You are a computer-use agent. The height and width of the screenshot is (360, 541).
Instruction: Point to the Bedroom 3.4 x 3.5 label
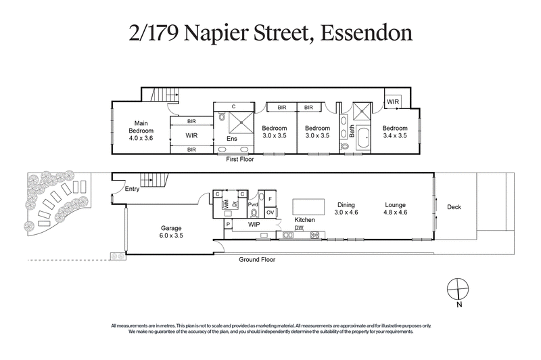pyautogui.click(x=395, y=132)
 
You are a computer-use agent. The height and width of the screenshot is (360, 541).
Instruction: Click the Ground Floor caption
pyautogui.click(x=256, y=259)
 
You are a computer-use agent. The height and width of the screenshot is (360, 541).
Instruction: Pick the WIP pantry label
pyautogui.click(x=254, y=223)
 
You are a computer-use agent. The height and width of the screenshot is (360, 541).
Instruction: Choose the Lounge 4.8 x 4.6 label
pyautogui.click(x=396, y=208)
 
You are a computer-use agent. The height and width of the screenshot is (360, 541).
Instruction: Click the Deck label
pyautogui.click(x=454, y=207)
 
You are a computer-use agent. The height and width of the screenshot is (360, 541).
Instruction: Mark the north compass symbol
pyautogui.click(x=458, y=288)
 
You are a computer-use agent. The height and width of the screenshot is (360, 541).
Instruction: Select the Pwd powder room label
pyautogui.click(x=254, y=204)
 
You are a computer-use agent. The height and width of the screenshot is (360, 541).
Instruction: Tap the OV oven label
pyautogui.click(x=270, y=212)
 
